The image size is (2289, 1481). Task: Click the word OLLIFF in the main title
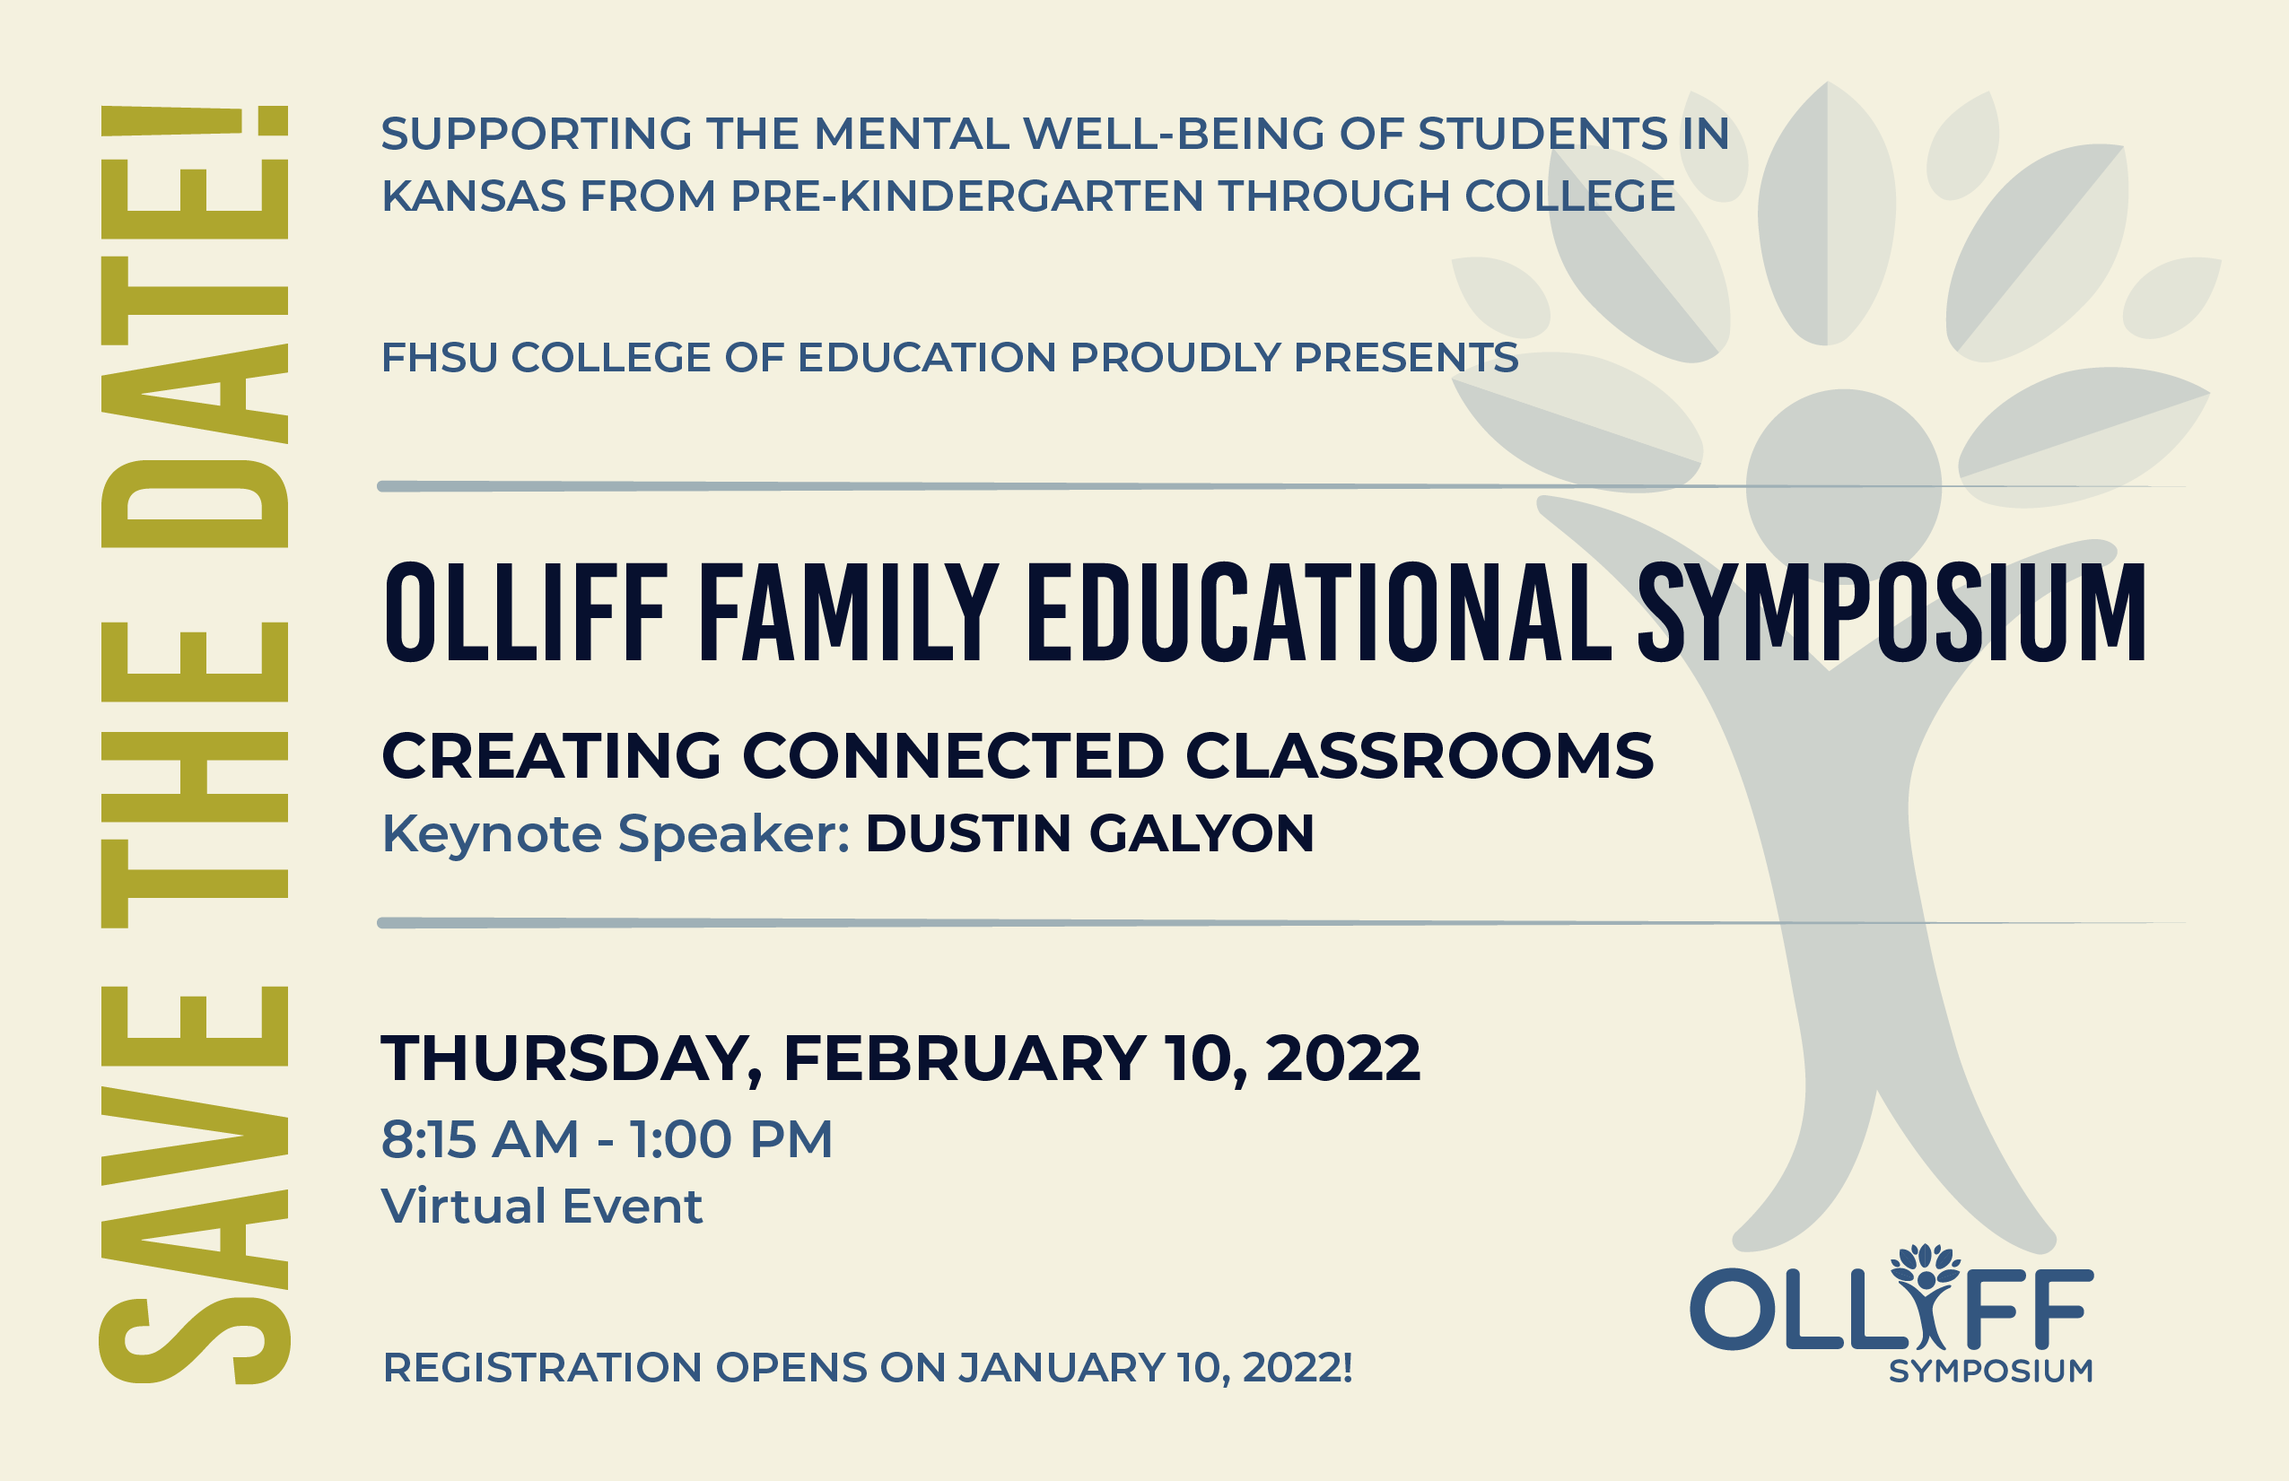[526, 613]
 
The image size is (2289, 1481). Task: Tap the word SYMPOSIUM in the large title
[1891, 613]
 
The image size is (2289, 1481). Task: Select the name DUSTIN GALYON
[1089, 832]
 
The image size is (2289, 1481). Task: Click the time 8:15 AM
[480, 1139]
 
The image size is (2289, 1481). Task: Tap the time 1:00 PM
[731, 1139]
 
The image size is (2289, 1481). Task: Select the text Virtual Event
[543, 1206]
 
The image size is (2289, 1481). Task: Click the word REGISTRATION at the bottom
[543, 1367]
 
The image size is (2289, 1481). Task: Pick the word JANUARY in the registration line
[1062, 1367]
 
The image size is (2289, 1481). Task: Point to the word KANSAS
[474, 196]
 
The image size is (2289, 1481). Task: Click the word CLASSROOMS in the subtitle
[1420, 755]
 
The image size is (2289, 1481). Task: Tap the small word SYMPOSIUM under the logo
[1991, 1371]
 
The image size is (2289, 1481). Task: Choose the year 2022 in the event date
[1342, 1058]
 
